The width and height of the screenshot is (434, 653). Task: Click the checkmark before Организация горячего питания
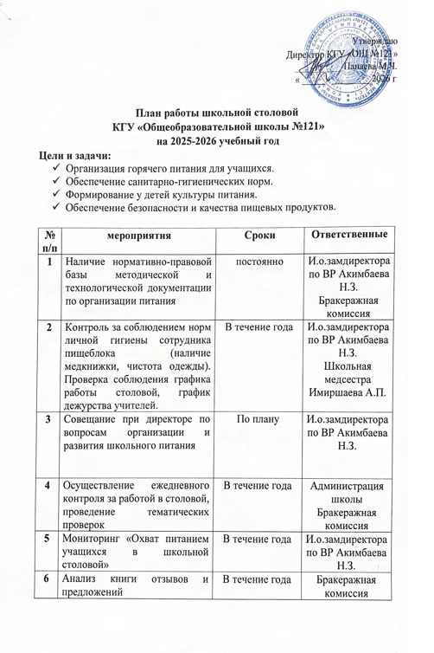(56, 168)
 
